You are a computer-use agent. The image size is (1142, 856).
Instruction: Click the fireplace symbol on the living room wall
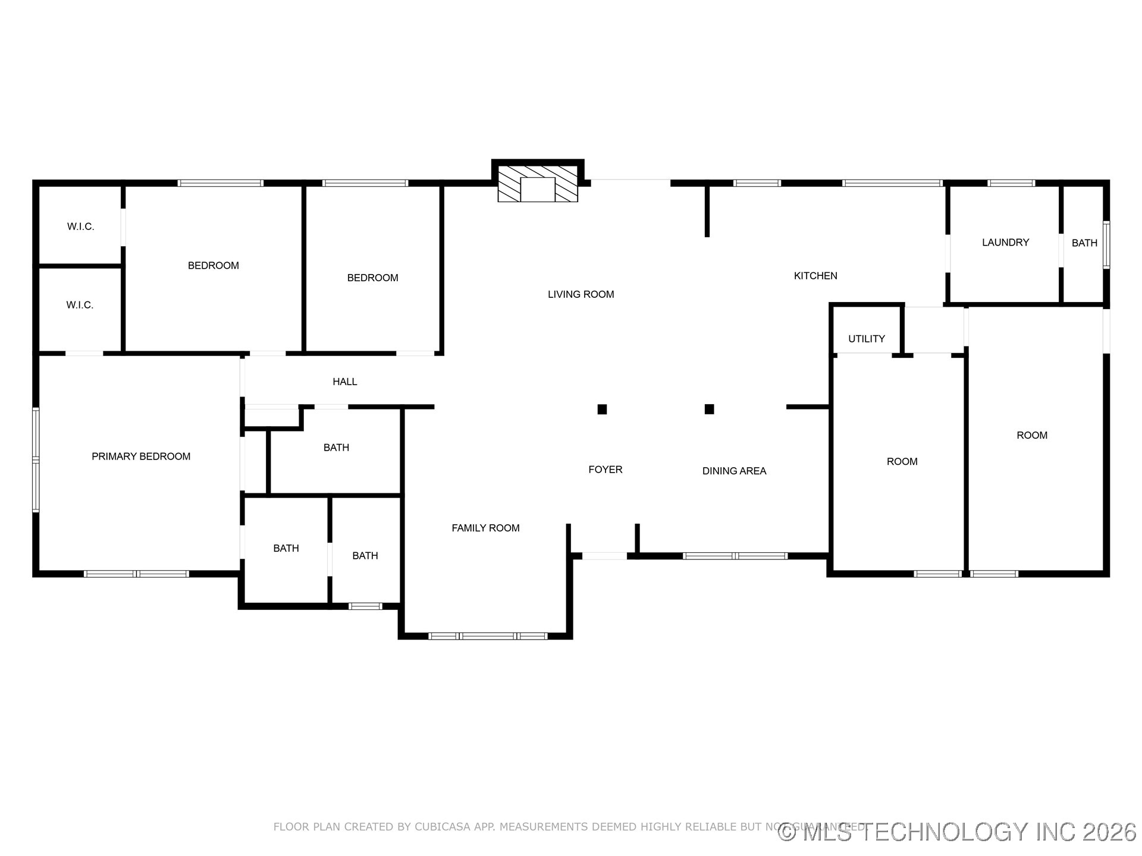pyautogui.click(x=538, y=184)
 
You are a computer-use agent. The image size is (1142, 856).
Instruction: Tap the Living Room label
pyautogui.click(x=581, y=294)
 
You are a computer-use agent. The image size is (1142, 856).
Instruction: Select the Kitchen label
pyautogui.click(x=815, y=276)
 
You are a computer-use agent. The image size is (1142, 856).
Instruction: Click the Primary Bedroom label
pyautogui.click(x=141, y=457)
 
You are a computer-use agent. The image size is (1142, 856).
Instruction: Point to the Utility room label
pyautogui.click(x=866, y=339)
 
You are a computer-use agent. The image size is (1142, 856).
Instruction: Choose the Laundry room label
pyautogui.click(x=1005, y=243)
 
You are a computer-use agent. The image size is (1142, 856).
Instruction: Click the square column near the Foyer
pyautogui.click(x=602, y=409)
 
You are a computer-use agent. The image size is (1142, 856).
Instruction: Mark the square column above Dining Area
pyautogui.click(x=709, y=409)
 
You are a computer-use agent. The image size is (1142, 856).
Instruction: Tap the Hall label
pyautogui.click(x=344, y=382)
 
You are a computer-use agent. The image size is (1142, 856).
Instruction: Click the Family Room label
pyautogui.click(x=485, y=528)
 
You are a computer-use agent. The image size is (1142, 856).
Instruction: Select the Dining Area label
pyautogui.click(x=734, y=471)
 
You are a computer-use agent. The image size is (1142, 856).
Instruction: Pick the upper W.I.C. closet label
pyautogui.click(x=80, y=226)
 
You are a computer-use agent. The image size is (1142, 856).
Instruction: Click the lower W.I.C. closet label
pyautogui.click(x=80, y=305)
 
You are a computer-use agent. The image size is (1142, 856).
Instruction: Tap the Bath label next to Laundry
pyautogui.click(x=1084, y=243)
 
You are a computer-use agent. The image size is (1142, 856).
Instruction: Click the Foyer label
pyautogui.click(x=605, y=470)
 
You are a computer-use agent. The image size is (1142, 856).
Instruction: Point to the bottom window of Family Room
pyautogui.click(x=488, y=636)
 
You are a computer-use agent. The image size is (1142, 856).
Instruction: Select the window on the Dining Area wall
pyautogui.click(x=735, y=556)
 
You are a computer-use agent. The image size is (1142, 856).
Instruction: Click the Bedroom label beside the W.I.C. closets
pyautogui.click(x=213, y=266)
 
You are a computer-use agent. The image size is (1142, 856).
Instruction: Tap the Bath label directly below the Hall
pyautogui.click(x=336, y=448)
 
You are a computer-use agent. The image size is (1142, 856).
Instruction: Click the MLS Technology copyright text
pyautogui.click(x=958, y=832)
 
